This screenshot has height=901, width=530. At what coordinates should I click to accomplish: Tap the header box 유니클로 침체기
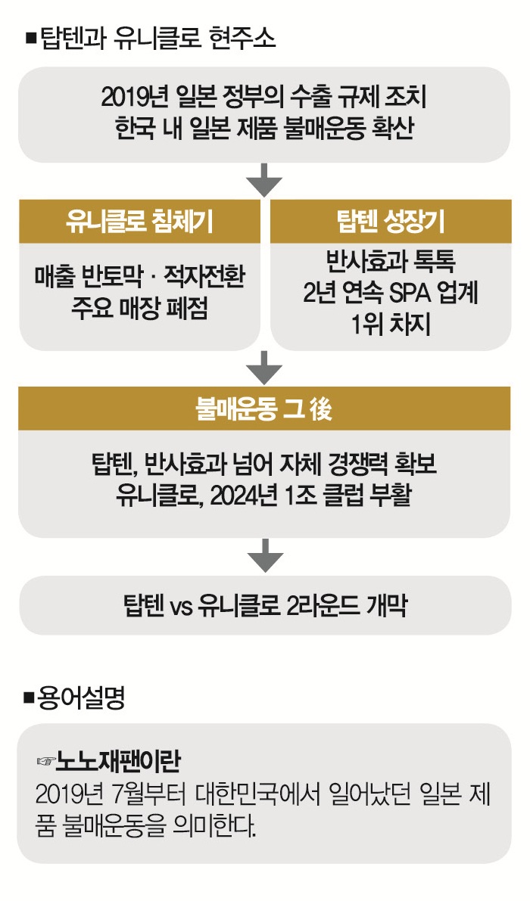(x=139, y=222)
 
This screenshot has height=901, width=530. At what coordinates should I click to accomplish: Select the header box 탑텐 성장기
(x=391, y=222)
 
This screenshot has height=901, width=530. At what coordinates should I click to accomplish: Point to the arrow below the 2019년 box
(x=264, y=182)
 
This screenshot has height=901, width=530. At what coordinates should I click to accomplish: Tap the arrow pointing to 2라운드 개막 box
(x=264, y=558)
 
